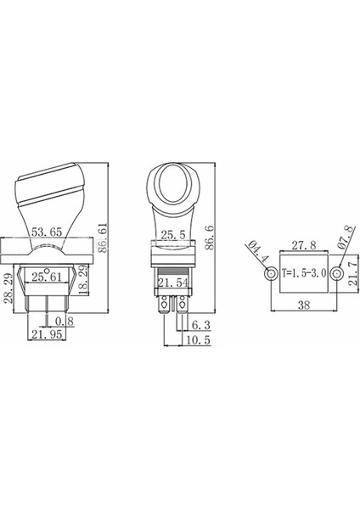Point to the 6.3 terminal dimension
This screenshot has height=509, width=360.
click(201, 324)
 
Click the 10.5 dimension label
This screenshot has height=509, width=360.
click(200, 338)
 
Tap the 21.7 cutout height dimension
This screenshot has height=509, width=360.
click(352, 277)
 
